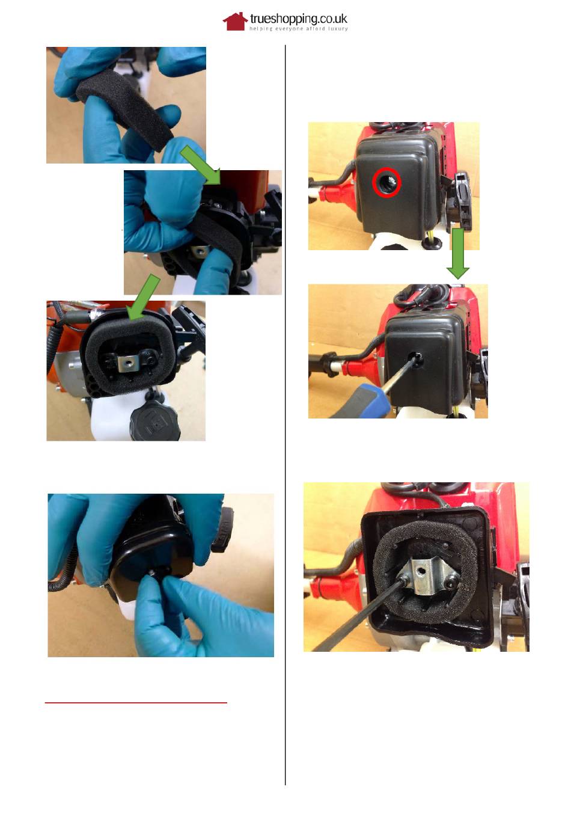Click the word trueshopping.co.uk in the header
coord(299,19)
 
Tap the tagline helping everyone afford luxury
coord(299,29)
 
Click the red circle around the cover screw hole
coord(386,182)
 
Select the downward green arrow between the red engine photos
coord(457,254)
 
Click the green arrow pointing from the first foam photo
coord(201,165)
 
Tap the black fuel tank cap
coord(155,423)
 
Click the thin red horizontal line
coord(136,702)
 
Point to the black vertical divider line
coord(285,415)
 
